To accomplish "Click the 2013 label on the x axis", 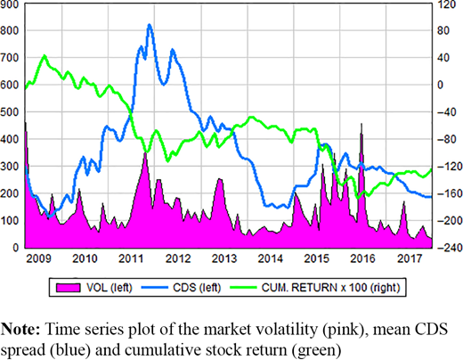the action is (224, 258).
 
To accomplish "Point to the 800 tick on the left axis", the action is (9, 30).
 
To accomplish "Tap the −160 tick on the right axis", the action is (450, 193).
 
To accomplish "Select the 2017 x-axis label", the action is (410, 258).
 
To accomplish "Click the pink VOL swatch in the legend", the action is (69, 287).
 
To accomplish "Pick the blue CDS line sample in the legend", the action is (154, 287).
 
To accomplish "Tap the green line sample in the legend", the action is (243, 287).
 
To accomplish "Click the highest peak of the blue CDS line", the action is (150, 25).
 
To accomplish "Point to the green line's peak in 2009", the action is (45, 56).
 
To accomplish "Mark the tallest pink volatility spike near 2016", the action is (361, 124).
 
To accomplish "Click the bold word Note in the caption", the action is (20, 329).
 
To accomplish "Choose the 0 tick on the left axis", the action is (16, 248).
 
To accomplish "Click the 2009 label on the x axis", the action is (38, 258).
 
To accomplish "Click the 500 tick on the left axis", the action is (9, 112).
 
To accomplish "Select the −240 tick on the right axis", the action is (450, 248).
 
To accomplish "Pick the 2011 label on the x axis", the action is (132, 258).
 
